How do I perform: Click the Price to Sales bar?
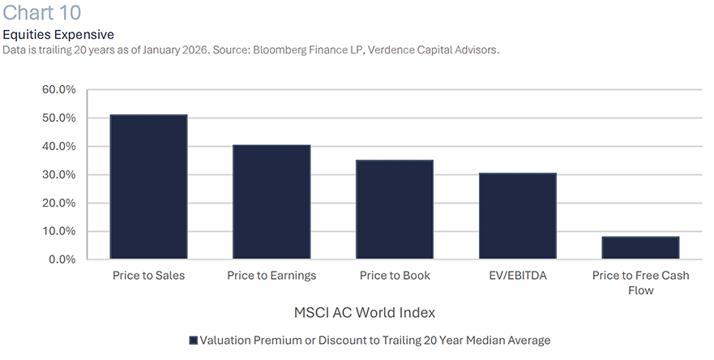[148, 186]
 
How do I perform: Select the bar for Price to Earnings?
[271, 202]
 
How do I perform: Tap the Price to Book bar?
[395, 209]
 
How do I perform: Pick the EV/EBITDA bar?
[517, 216]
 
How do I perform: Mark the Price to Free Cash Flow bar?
[640, 247]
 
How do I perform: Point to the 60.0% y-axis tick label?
[58, 89]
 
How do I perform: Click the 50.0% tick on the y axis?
[58, 118]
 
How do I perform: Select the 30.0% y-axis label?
[58, 174]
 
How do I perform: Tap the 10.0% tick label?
[58, 231]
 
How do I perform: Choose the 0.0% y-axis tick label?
[61, 259]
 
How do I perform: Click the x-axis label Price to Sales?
[148, 276]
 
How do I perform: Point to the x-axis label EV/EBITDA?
[517, 276]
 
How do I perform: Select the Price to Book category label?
[395, 276]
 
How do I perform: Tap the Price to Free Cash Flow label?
[640, 282]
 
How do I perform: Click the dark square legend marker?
[193, 341]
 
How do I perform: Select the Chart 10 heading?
[41, 14]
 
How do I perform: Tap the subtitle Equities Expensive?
[58, 35]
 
